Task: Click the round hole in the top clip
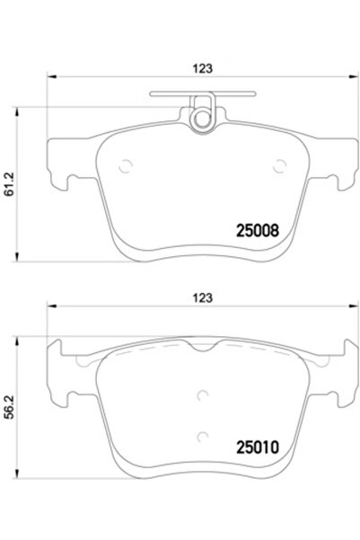[202, 116]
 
